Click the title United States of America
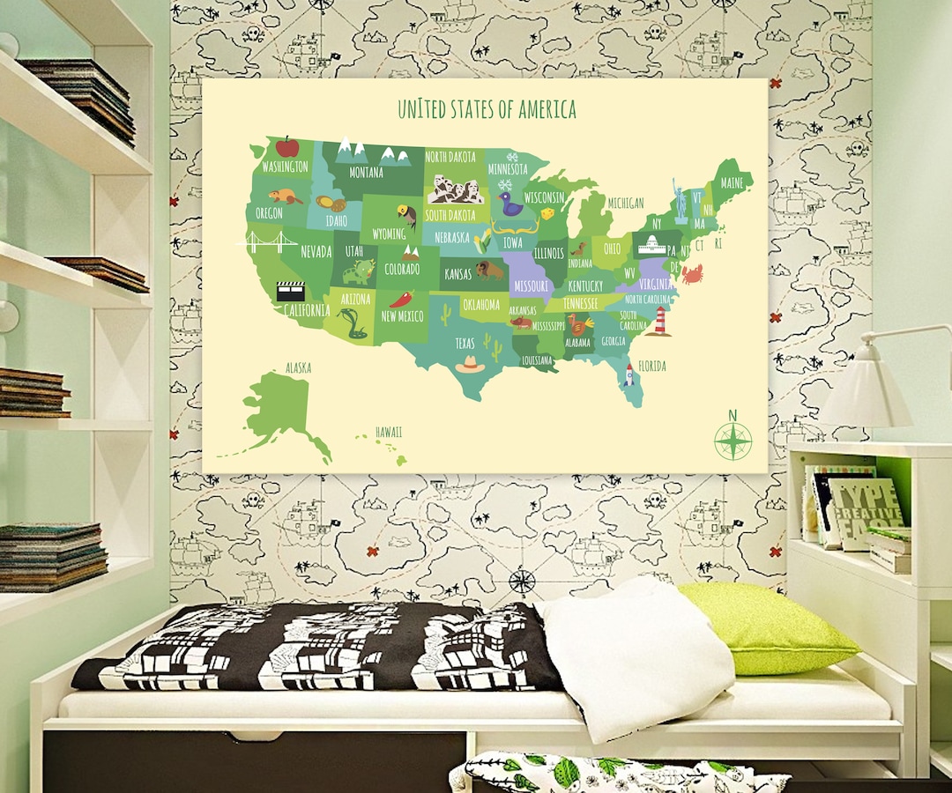click(487, 109)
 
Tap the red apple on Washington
click(286, 146)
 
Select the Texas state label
click(465, 342)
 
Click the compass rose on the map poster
click(733, 440)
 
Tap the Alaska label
click(298, 368)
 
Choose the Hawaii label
click(389, 432)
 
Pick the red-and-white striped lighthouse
click(659, 321)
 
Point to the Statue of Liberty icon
click(680, 201)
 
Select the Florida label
click(652, 366)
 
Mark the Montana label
click(366, 173)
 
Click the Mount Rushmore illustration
click(456, 189)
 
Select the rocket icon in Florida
click(628, 375)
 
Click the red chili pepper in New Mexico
click(402, 299)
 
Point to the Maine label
click(732, 183)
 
